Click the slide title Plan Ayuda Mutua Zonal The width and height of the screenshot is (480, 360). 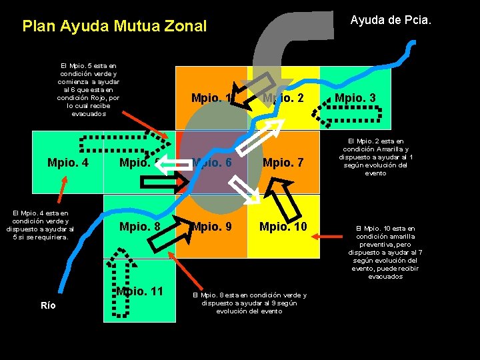click(115, 27)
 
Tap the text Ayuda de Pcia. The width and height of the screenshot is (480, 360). click(391, 21)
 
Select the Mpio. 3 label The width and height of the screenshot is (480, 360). click(355, 99)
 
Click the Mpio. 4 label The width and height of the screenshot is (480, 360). click(68, 162)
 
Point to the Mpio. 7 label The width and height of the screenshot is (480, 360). click(283, 162)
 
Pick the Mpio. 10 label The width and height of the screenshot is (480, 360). click(283, 227)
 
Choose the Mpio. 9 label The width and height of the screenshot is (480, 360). click(211, 227)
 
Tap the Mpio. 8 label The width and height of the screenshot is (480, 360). click(139, 227)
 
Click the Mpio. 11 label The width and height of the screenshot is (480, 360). click(139, 291)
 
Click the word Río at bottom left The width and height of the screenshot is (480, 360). click(48, 305)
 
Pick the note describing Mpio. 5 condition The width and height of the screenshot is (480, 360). click(89, 89)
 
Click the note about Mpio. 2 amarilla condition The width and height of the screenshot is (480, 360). click(375, 157)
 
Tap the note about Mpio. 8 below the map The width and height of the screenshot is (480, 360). click(249, 303)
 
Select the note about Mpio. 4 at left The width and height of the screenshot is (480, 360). click(39, 224)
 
